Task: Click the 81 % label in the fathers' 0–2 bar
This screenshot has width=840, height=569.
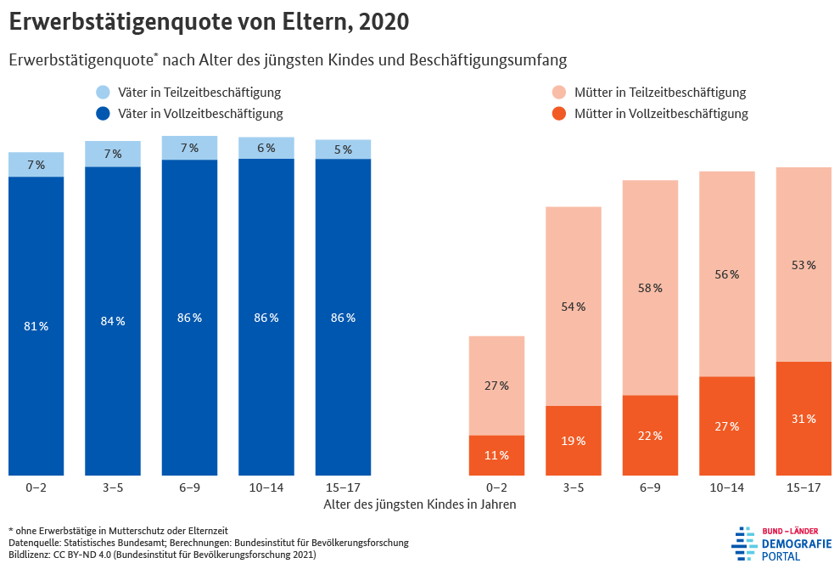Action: click(36, 327)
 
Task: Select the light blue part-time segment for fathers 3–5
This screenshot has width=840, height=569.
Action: click(113, 154)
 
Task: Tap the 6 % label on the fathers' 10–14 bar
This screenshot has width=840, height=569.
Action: click(266, 148)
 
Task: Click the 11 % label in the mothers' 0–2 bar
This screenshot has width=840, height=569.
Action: click(496, 456)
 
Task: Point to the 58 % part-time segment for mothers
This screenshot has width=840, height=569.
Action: click(650, 288)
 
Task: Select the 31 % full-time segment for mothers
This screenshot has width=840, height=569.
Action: click(804, 419)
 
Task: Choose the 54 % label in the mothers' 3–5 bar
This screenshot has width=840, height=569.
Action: click(574, 307)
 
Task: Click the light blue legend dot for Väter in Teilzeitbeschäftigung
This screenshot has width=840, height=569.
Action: click(103, 93)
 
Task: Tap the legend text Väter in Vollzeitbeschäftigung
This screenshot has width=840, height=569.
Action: click(200, 114)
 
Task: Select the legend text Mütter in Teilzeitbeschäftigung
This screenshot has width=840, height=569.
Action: click(660, 93)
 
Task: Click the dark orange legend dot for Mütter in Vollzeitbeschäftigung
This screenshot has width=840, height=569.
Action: click(558, 114)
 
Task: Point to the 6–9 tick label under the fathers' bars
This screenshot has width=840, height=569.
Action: click(189, 487)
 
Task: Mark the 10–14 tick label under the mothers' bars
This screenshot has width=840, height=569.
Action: click(727, 487)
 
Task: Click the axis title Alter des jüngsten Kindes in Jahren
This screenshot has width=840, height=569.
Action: click(420, 504)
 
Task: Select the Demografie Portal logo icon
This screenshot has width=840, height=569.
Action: click(744, 543)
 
